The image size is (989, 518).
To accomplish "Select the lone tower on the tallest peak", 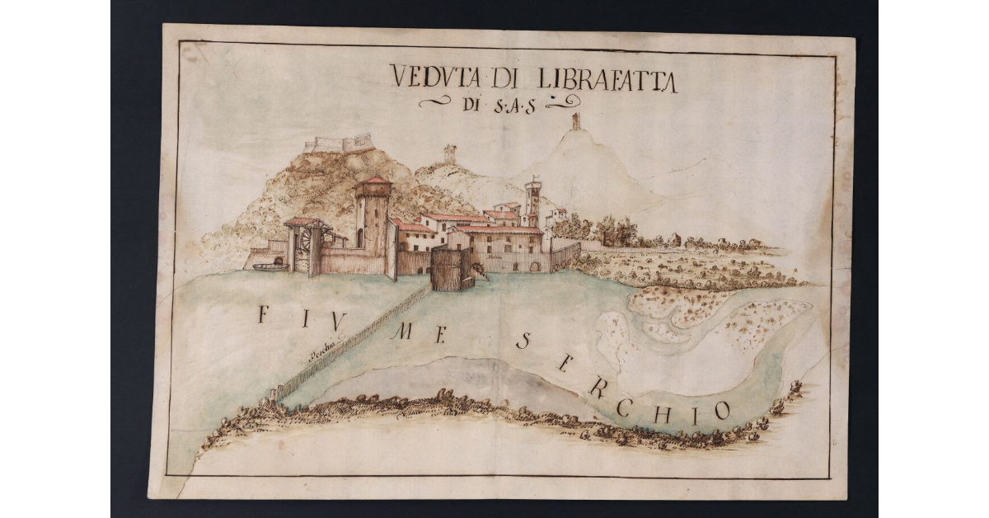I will point(576,121).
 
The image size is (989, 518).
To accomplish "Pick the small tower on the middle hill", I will point(449,153).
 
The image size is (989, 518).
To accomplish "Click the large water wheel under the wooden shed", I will point(305,241).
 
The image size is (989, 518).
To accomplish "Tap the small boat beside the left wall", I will point(269,266).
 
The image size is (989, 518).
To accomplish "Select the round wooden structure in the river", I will point(450,270).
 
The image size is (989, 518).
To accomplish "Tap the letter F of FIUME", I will point(263,314).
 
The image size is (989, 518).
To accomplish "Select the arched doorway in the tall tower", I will point(359,238).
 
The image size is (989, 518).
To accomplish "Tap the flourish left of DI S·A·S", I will point(435,102).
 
